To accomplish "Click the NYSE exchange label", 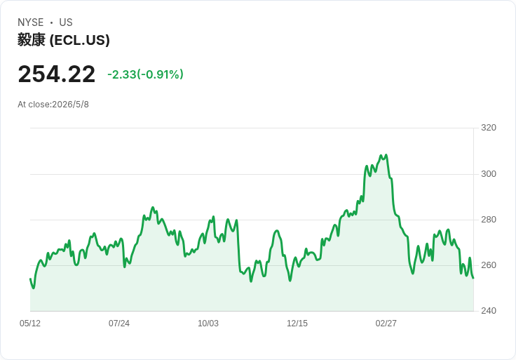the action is coord(31,22).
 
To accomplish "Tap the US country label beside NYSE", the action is coord(66,22).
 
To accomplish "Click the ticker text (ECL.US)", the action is coord(79,40).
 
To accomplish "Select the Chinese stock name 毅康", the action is coord(32,40).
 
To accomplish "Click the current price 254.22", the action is coord(57,74).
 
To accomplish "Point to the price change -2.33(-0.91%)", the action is coord(145,74).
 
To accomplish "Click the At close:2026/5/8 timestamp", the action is coord(53,105).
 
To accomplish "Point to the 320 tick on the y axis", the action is coord(489,128).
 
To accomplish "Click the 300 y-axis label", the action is coord(489,174).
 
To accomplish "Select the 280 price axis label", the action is coord(489,220).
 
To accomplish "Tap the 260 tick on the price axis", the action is coord(489,265).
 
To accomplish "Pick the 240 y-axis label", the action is coord(489,311).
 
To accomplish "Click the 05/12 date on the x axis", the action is coord(30,324).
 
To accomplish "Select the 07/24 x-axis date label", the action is coord(119,324).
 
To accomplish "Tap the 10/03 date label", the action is coord(208,324).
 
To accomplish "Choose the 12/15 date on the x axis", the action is coord(297,324).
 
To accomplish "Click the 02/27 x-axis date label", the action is coord(386,324).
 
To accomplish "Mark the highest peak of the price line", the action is coord(386,154).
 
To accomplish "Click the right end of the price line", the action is coord(473,278).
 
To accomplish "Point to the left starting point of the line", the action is coord(30,279).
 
